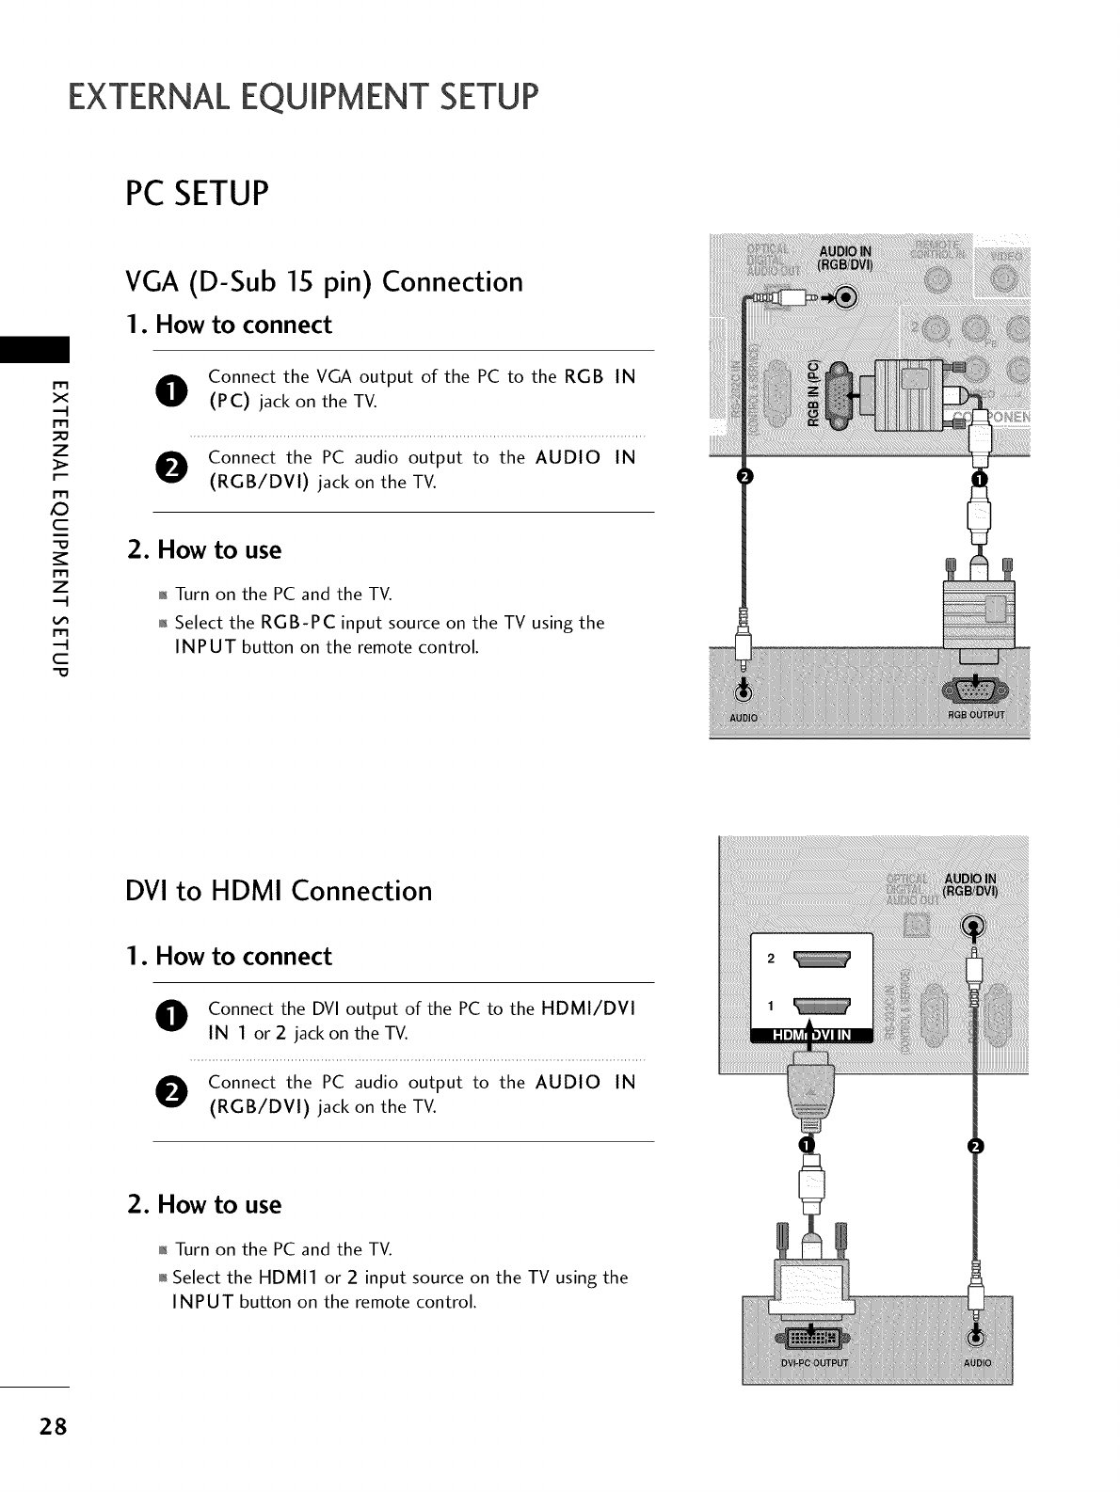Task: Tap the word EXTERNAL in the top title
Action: coord(143,97)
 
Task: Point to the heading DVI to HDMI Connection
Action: coord(279,890)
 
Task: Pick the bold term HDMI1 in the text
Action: coord(289,1278)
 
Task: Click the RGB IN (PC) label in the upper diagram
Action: coord(814,392)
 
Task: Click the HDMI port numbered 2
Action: coord(822,960)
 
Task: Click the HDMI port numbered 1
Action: coord(822,1006)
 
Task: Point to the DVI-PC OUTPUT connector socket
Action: coord(810,1338)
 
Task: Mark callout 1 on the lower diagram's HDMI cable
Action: coord(804,1143)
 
